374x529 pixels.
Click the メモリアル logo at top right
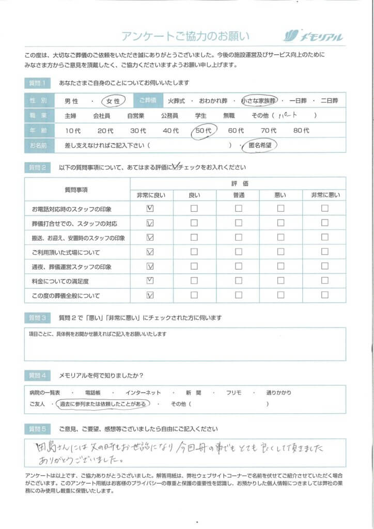314,36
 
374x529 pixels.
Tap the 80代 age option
301,131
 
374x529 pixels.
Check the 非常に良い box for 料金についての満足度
150,281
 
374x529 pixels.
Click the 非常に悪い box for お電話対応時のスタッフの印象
324,209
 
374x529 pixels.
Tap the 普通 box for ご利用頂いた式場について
239,252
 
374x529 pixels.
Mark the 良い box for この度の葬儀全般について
194,295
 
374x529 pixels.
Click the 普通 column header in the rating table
239,195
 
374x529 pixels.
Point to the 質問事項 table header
77,190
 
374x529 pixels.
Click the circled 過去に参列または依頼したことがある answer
104,404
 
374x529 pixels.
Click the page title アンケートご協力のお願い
185,36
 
